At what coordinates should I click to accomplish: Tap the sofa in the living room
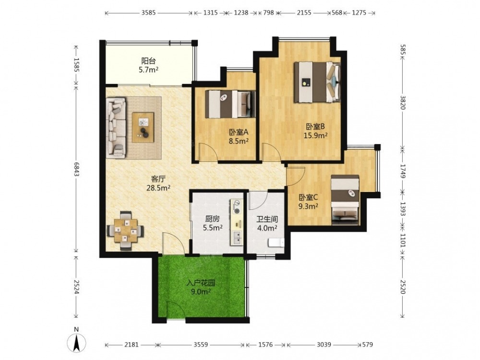pos(116,128)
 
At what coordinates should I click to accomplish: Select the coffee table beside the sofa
pos(143,127)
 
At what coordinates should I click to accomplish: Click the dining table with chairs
pos(125,231)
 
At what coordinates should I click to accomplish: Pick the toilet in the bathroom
pos(276,243)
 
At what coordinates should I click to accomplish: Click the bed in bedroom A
pos(230,104)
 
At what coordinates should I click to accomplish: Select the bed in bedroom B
pos(317,82)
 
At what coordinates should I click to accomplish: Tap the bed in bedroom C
pos(345,200)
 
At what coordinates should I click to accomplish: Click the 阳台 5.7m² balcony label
pos(148,65)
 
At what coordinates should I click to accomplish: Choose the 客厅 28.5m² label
pos(158,183)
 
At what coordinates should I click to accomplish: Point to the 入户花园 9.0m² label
pos(201,287)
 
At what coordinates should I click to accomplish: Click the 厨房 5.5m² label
pos(213,223)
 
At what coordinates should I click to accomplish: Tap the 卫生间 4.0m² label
pos(267,224)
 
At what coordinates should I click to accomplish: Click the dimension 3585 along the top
pos(148,12)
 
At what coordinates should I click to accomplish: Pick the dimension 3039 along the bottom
pos(324,345)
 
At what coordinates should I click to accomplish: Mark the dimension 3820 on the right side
pos(403,103)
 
